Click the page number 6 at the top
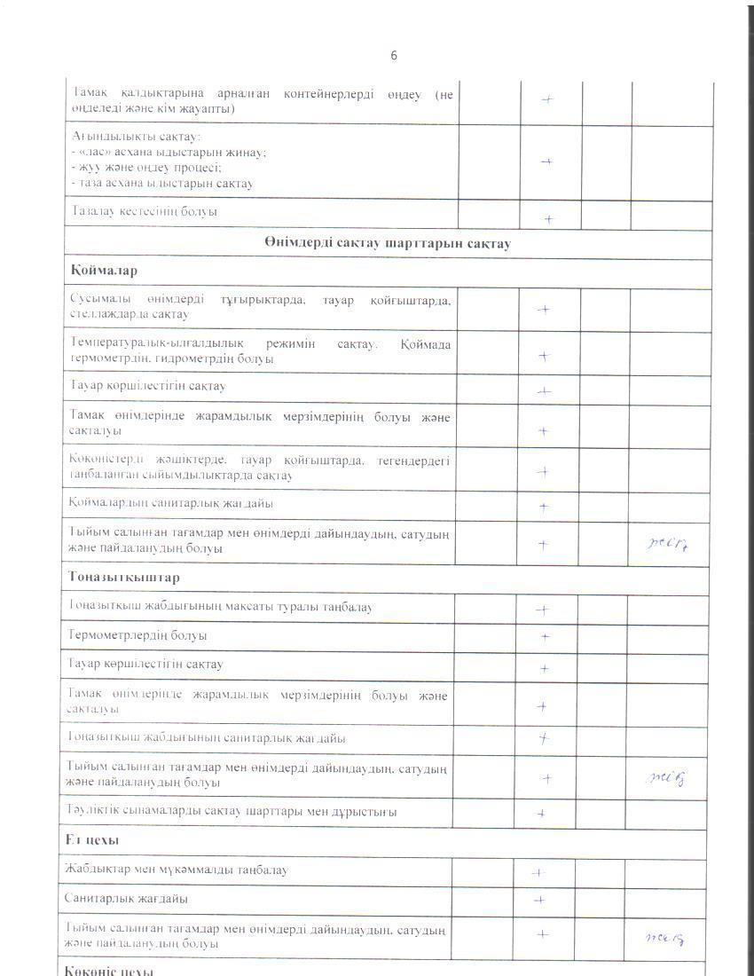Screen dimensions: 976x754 point(394,56)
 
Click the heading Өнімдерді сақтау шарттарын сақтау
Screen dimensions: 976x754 point(386,244)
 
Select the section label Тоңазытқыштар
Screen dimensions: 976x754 point(123,578)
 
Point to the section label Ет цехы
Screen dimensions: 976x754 point(92,838)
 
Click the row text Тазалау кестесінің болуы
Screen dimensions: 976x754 point(144,212)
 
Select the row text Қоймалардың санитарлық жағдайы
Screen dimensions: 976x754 point(171,503)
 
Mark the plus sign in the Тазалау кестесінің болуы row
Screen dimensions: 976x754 point(549,218)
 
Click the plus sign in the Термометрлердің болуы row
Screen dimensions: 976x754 point(546,637)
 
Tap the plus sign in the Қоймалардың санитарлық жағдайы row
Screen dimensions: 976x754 point(545,508)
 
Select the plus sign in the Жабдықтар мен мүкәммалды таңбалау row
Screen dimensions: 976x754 point(538,872)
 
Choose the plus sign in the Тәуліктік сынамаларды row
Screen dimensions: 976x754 point(540,813)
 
